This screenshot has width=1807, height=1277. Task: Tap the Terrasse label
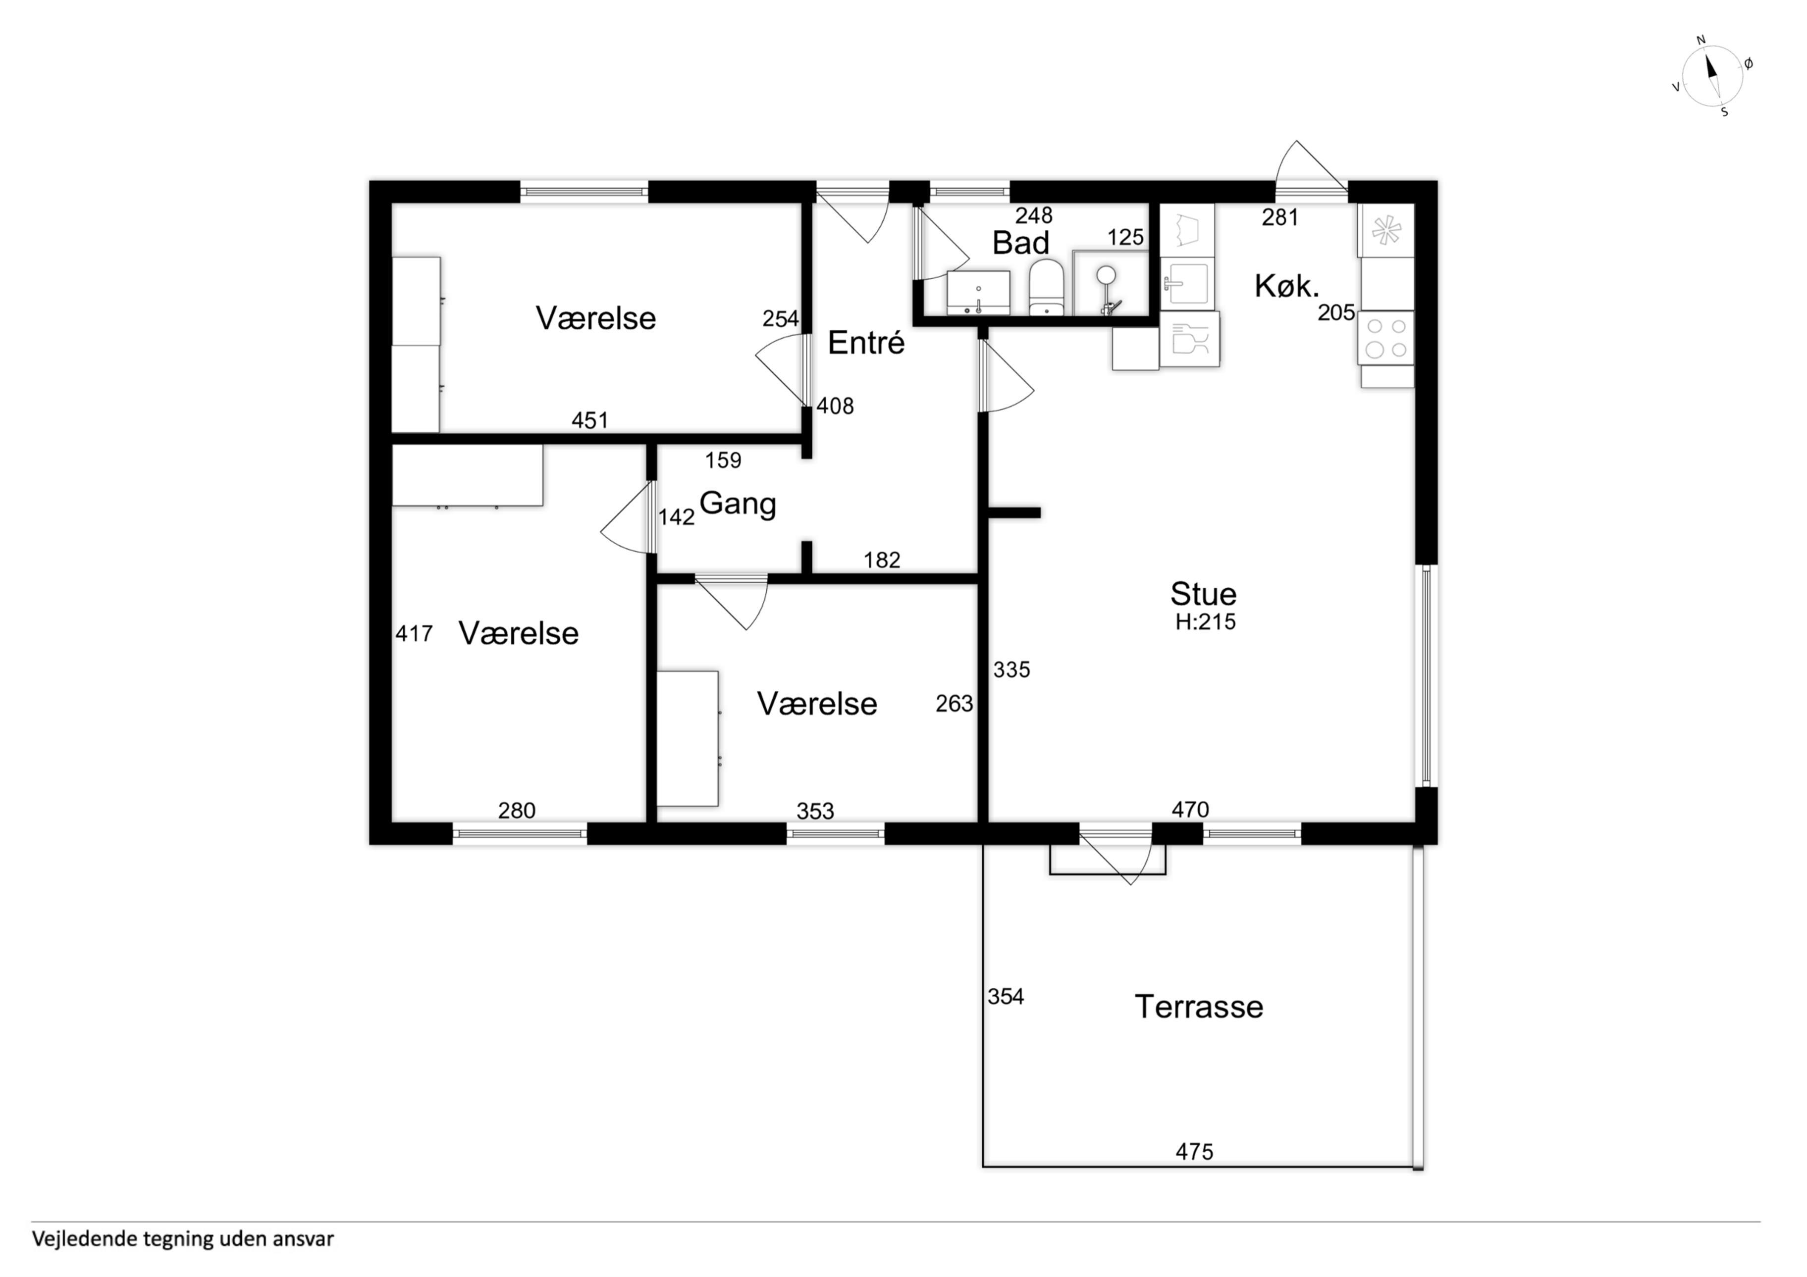(x=1199, y=1007)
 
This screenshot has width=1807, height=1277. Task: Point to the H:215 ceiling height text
(x=1206, y=622)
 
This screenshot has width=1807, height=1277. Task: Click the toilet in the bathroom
(x=1046, y=288)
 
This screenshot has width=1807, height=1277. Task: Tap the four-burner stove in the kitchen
(x=1386, y=338)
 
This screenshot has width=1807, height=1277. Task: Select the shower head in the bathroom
(x=1107, y=275)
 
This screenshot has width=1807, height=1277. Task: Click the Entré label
(x=866, y=343)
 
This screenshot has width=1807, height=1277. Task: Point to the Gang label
(x=738, y=504)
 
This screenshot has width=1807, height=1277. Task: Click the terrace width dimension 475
(x=1195, y=1152)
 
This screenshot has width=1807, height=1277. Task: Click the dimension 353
(x=815, y=811)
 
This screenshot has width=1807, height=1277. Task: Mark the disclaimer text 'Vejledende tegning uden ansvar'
(x=183, y=1239)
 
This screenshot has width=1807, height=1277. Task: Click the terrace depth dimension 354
(x=1006, y=997)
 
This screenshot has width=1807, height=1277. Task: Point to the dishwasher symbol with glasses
(x=1190, y=339)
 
